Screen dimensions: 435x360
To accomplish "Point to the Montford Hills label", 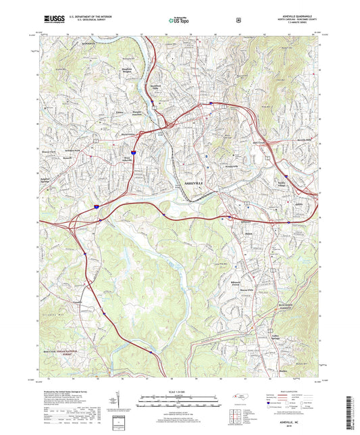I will pos(159,88).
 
